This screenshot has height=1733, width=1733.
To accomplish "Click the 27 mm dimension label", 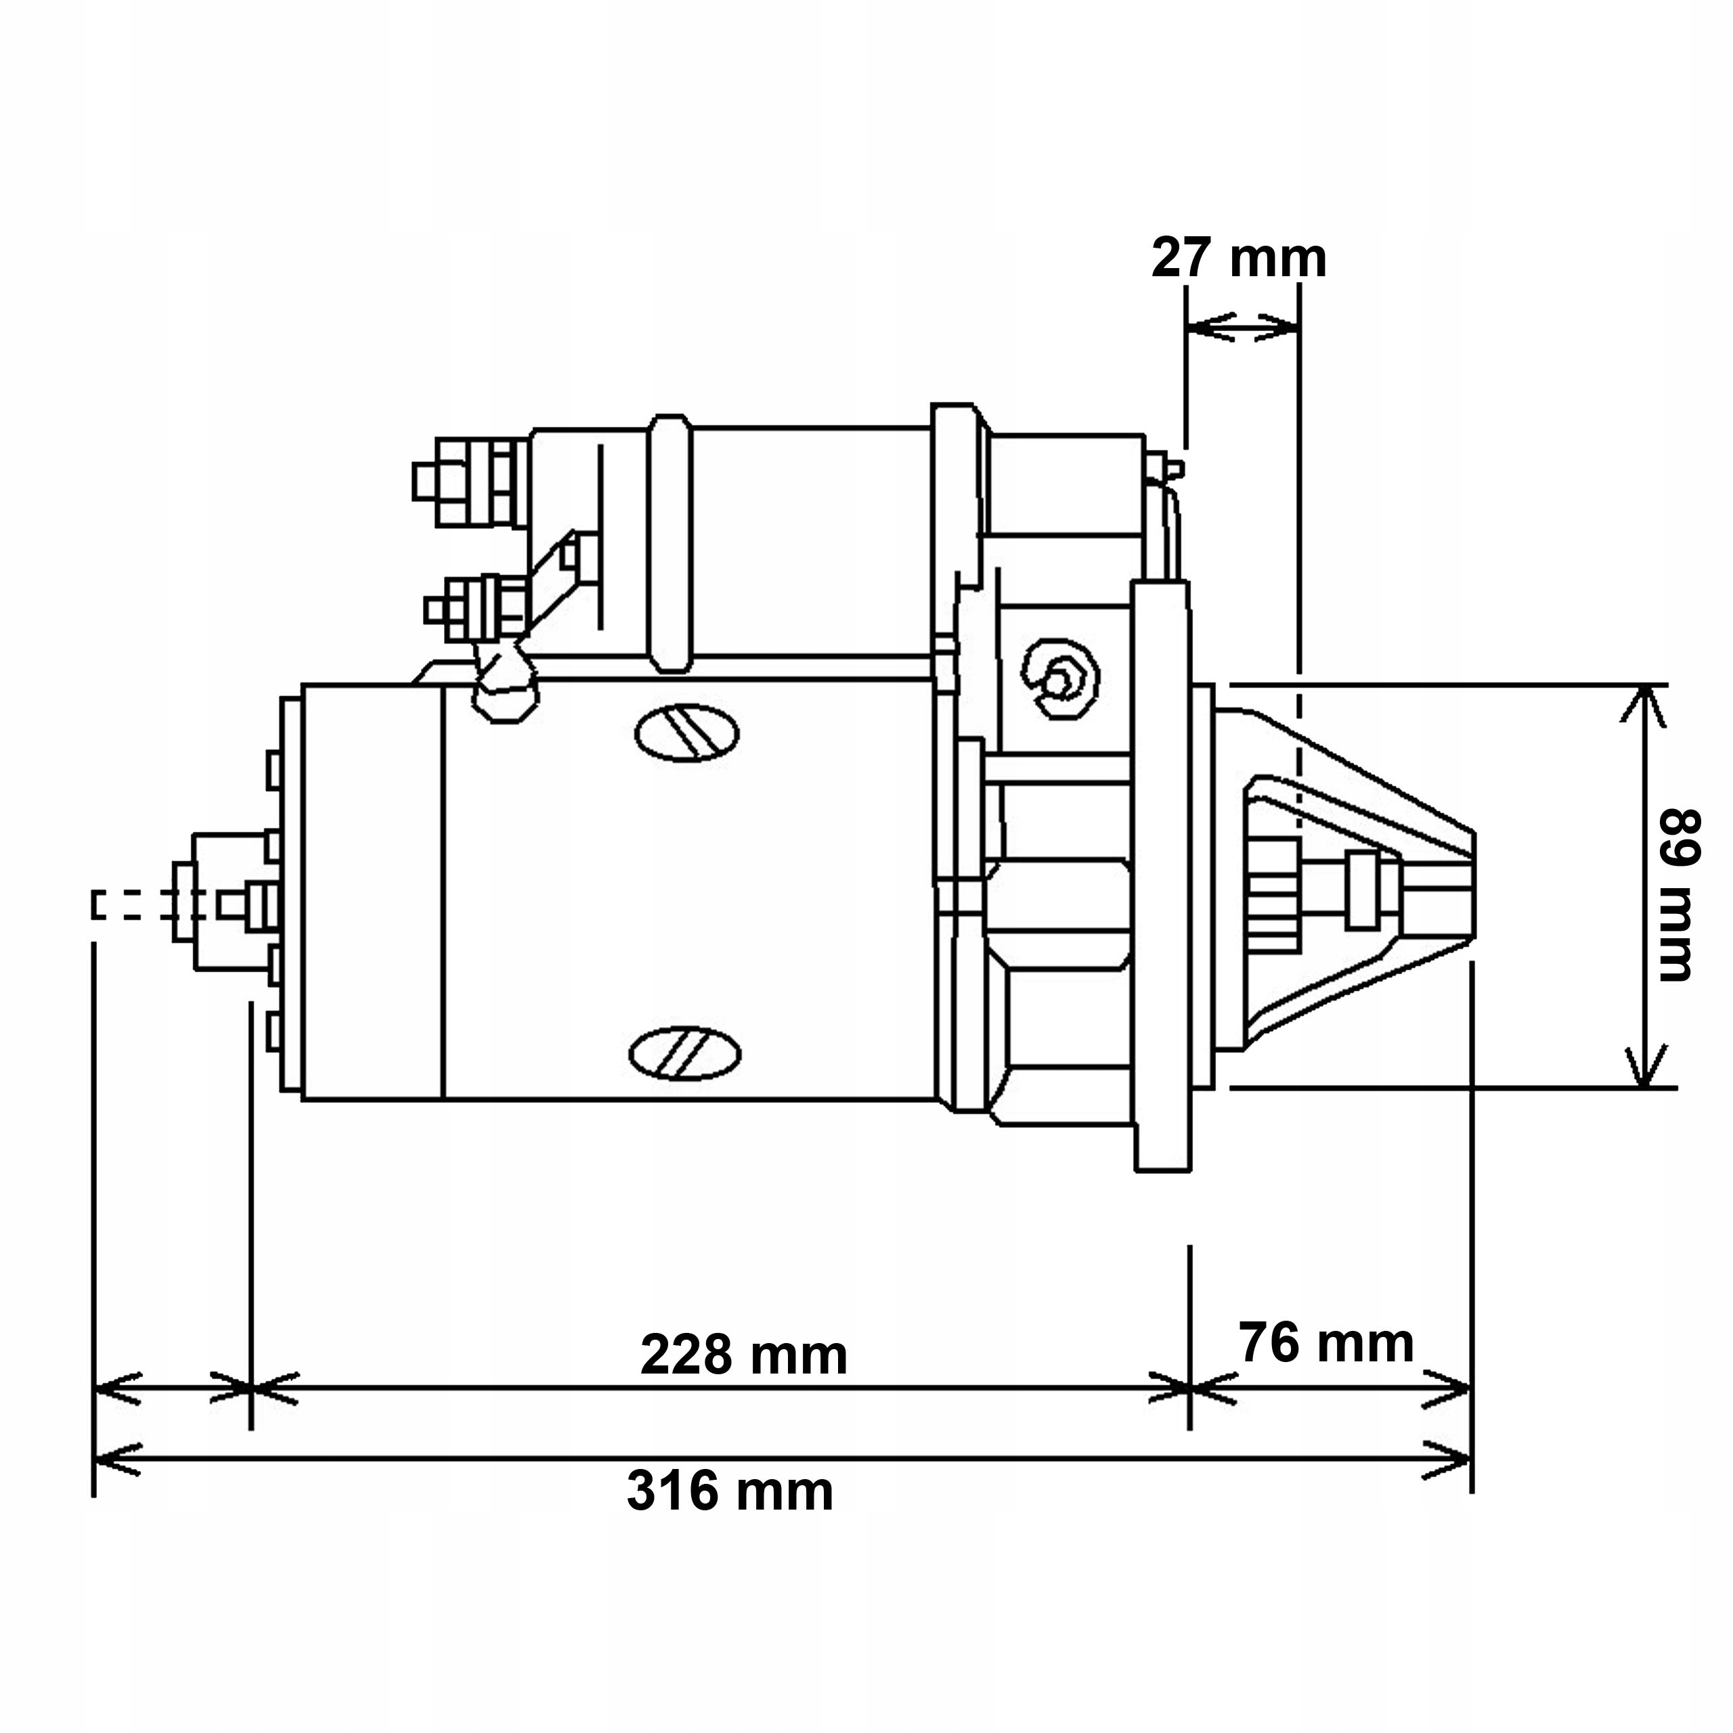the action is click(x=1238, y=259).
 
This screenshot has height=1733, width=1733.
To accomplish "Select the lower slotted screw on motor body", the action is click(x=685, y=1051).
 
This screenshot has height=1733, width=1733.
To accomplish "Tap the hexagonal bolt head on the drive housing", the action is click(x=1059, y=678).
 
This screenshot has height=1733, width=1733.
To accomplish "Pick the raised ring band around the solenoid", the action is click(x=671, y=544).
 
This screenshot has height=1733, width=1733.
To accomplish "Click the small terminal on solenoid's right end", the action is click(x=1168, y=468).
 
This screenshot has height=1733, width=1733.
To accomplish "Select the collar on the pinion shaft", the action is click(x=1361, y=890).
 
